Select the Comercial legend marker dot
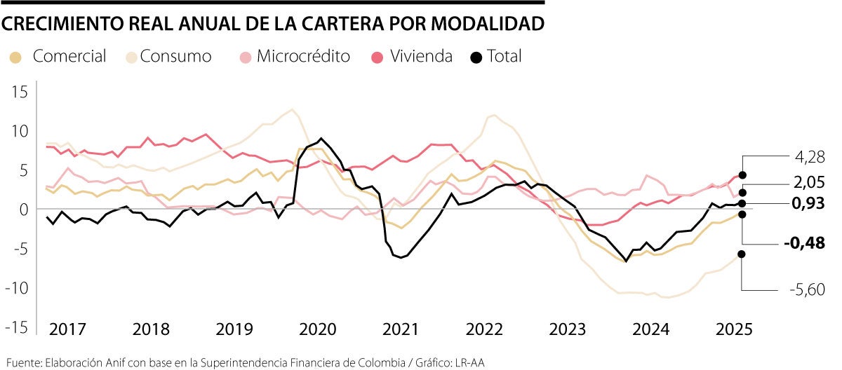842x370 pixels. [x=16, y=57]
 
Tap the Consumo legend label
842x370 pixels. [x=175, y=57]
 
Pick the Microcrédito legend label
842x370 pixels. [x=303, y=57]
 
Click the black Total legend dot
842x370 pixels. [x=477, y=57]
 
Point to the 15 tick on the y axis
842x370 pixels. [x=18, y=92]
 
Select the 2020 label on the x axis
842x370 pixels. [x=317, y=329]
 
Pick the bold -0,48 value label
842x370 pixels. [x=803, y=242]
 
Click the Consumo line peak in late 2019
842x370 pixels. [x=292, y=109]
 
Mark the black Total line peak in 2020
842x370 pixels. [x=321, y=139]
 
